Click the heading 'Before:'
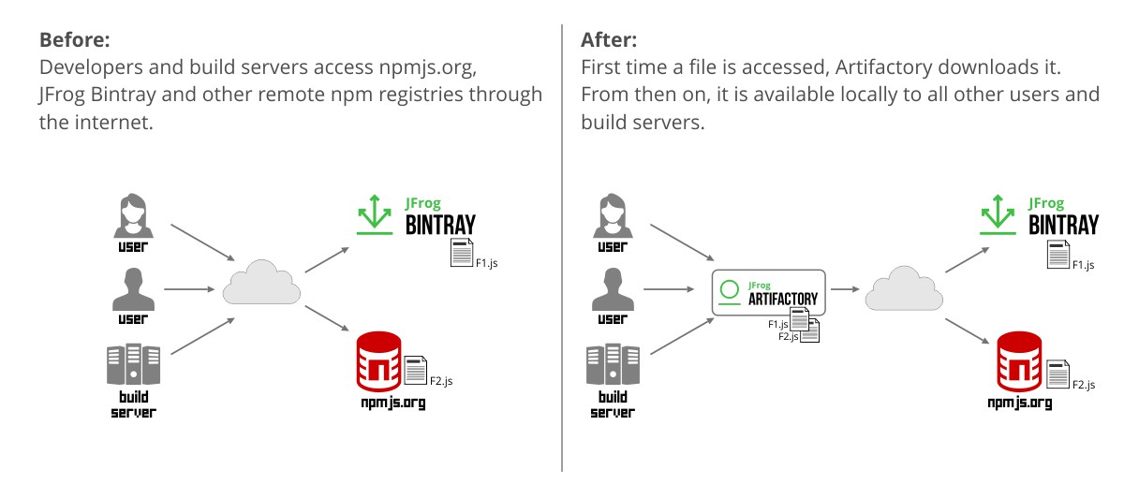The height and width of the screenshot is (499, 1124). coord(74,40)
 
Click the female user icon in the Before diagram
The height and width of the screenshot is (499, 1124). coord(132,214)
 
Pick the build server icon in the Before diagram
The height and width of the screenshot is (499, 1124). coord(133,364)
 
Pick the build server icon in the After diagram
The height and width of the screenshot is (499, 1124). coord(613,364)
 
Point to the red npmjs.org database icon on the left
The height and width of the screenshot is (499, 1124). coord(379,361)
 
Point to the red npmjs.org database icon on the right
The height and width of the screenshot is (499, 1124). coord(1020,360)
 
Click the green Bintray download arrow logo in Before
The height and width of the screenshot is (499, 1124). coord(375,214)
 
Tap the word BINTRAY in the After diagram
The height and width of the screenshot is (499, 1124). coord(1063,226)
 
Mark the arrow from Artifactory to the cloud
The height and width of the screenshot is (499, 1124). coord(844,290)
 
